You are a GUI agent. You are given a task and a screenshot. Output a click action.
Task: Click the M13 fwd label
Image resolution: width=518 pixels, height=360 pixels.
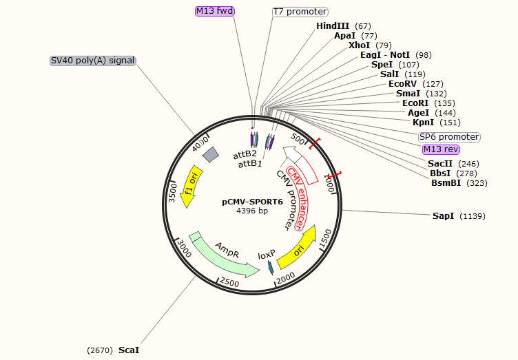(x=216, y=11)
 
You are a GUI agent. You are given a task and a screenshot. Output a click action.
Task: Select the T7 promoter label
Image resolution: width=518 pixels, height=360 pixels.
(x=300, y=12)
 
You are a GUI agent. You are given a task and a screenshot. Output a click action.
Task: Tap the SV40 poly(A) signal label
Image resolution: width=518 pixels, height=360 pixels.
(x=93, y=61)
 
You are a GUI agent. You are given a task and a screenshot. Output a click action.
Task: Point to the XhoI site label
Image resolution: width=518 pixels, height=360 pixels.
(x=360, y=45)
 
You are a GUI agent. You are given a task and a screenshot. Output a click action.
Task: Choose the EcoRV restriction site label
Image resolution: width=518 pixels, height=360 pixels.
(x=402, y=84)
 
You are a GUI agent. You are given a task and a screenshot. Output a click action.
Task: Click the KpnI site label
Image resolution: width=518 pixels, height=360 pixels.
(x=423, y=123)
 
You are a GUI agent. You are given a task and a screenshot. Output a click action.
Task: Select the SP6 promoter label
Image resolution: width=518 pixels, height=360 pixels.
(x=449, y=137)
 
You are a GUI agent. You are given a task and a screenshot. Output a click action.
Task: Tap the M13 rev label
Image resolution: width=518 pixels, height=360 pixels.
(x=441, y=149)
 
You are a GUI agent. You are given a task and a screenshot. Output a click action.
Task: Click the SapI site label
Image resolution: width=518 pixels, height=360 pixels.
(x=443, y=216)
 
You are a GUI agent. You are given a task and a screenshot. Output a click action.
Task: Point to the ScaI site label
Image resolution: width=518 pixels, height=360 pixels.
(x=129, y=350)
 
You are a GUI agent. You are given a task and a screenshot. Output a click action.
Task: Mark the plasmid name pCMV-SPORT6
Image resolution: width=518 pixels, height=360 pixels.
(x=252, y=202)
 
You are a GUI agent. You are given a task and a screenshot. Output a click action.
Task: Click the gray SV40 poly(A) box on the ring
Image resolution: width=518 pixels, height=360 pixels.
(x=210, y=155)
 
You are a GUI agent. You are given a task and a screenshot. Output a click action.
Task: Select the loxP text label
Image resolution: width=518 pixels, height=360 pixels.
(x=267, y=255)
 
